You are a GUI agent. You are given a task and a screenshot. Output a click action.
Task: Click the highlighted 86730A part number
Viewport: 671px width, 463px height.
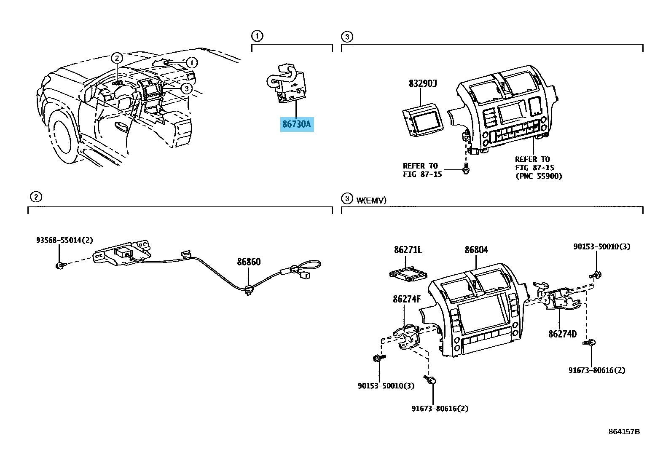point(297,125)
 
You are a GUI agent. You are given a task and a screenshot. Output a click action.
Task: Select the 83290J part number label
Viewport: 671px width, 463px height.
point(422,83)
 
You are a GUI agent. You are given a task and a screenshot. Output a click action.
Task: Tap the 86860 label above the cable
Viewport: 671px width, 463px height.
point(249,262)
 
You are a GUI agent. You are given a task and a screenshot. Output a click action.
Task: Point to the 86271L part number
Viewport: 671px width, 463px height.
point(408,250)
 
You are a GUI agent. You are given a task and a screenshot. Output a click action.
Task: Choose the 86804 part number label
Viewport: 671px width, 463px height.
point(476,250)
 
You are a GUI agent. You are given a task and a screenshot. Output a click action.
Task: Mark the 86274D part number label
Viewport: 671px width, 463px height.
point(562,334)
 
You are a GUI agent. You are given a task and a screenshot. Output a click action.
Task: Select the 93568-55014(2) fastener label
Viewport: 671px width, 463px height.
point(64,240)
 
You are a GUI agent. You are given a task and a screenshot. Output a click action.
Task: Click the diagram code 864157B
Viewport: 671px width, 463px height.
point(624,431)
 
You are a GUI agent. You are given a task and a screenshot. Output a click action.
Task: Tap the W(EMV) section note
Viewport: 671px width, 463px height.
point(371,201)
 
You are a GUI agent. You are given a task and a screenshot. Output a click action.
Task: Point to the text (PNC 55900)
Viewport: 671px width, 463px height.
point(539,176)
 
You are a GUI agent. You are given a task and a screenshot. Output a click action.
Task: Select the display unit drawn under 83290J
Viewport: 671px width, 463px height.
point(422,120)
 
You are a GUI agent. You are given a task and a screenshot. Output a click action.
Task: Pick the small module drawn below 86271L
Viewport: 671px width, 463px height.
point(408,274)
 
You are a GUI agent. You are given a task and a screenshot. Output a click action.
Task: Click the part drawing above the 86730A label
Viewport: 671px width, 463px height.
point(285,84)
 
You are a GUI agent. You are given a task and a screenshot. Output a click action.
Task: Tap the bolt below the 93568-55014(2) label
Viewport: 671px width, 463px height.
point(60,265)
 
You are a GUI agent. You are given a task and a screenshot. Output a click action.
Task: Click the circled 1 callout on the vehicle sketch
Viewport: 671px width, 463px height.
point(191,63)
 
